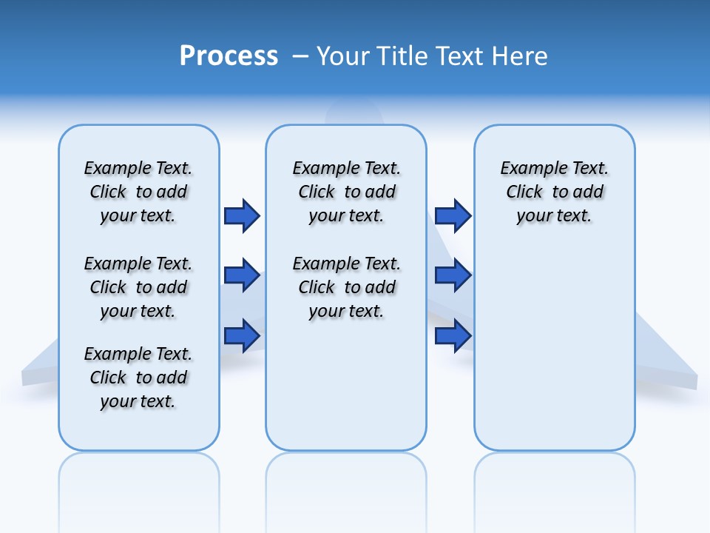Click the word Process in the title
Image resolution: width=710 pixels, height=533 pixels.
point(229,56)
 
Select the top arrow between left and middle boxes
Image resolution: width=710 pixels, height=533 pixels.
point(242,215)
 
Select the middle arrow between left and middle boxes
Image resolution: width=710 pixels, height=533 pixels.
point(242,276)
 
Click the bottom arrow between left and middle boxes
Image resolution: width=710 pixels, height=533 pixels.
point(242,335)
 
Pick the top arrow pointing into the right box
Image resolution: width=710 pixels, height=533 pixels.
point(453,215)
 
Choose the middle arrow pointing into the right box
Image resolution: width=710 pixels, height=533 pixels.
point(453,276)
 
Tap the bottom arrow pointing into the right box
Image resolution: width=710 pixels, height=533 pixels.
point(453,335)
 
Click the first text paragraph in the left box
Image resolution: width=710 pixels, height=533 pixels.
point(138,192)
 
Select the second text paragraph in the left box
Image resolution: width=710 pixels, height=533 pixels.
point(138,287)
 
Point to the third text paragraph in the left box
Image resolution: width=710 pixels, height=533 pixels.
point(138,378)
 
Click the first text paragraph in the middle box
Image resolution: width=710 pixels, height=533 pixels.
point(347,192)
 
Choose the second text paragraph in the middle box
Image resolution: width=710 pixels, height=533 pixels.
point(347,287)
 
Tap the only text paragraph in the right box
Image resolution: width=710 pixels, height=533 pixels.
point(555,192)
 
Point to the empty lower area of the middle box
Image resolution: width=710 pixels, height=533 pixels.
point(347,385)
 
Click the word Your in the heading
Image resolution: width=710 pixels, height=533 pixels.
point(343,56)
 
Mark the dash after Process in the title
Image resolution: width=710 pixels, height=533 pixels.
point(300,56)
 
